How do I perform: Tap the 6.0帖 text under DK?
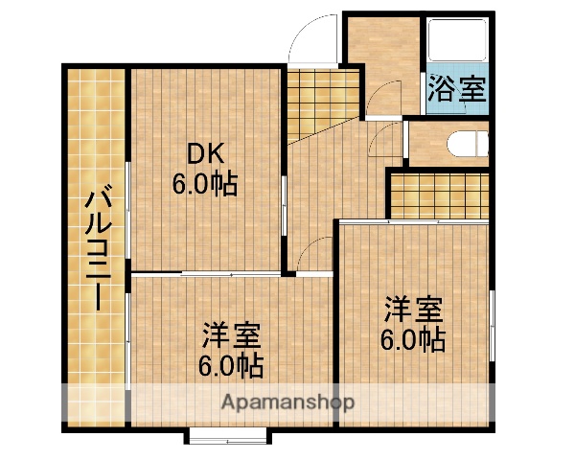click(x=204, y=182)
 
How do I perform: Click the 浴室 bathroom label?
click(x=456, y=91)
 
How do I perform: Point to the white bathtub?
click(x=456, y=43)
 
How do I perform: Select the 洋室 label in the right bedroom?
click(x=413, y=310)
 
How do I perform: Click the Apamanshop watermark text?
click(x=287, y=402)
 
